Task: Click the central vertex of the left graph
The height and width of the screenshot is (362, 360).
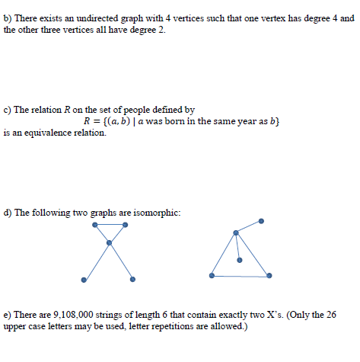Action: (109, 243)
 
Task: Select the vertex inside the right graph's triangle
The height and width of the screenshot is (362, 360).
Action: (239, 260)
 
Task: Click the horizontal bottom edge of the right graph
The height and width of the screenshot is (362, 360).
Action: (240, 276)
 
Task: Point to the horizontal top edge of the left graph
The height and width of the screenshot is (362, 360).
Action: (109, 226)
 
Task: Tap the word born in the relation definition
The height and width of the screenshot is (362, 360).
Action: (182, 121)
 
